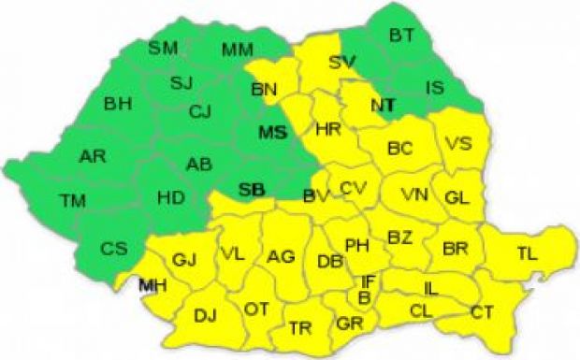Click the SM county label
(164, 47)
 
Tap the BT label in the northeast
(402, 35)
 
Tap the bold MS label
(271, 131)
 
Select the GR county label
(349, 325)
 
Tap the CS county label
(114, 249)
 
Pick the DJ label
(205, 315)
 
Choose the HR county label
(328, 128)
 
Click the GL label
(457, 197)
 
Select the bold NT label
(382, 106)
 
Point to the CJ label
(200, 112)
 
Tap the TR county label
(300, 328)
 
